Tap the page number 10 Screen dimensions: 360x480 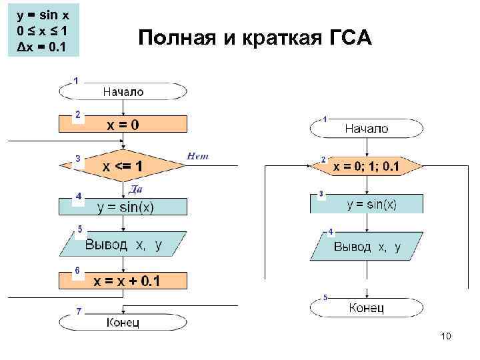446,337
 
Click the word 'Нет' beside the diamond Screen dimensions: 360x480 199,156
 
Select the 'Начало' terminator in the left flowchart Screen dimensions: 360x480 123,91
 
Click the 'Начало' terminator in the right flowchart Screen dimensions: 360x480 366,129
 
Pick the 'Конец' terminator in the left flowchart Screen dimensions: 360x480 123,323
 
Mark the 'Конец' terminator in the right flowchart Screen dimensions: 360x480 366,307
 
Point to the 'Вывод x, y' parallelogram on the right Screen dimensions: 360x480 367,247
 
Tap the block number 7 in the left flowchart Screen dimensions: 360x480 78,311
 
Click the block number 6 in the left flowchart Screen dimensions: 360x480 78,271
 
